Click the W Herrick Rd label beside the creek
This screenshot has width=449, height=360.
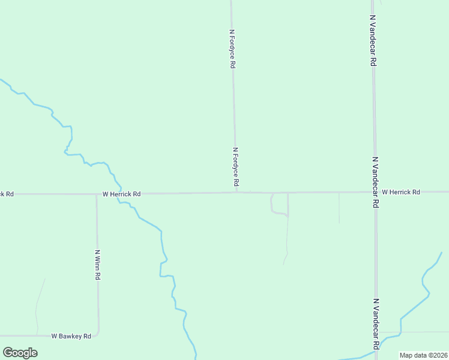click(121, 194)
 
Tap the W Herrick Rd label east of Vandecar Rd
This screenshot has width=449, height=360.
click(400, 192)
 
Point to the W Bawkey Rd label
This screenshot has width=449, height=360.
click(71, 336)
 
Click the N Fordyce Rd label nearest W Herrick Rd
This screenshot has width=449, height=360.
click(236, 166)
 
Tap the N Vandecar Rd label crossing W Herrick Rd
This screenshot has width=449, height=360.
click(375, 182)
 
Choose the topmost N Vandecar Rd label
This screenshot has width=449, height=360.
click(373, 41)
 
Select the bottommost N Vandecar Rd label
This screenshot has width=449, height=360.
click(376, 323)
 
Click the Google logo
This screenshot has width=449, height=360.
click(20, 353)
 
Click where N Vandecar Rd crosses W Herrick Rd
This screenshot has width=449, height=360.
click(375, 192)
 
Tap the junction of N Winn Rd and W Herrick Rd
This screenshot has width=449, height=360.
click(96, 194)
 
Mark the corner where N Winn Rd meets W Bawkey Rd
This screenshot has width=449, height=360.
click(97, 334)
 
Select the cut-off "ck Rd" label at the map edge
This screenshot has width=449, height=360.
click(7, 194)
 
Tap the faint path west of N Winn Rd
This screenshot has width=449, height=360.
click(39, 303)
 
